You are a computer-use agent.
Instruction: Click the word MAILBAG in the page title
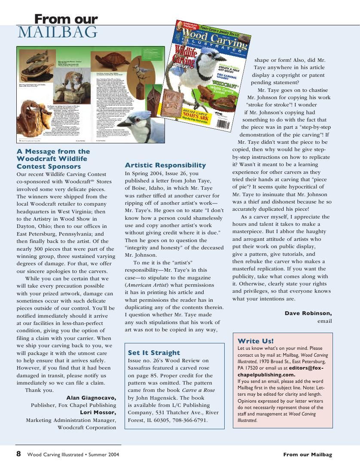pyautogui.click(x=58, y=33)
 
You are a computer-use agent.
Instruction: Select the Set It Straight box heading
pyautogui.click(x=154, y=353)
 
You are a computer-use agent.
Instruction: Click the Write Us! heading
pyautogui.click(x=256, y=341)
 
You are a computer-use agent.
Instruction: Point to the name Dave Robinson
pyautogui.click(x=308, y=313)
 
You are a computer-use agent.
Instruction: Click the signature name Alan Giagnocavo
pyautogui.click(x=91, y=397)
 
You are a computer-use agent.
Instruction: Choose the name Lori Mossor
pyautogui.click(x=98, y=412)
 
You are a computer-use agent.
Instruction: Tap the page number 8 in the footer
pyautogui.click(x=19, y=454)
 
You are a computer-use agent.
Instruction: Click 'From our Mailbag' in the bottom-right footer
pyautogui.click(x=307, y=455)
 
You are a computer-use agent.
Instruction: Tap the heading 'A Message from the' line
pyautogui.click(x=53, y=152)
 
